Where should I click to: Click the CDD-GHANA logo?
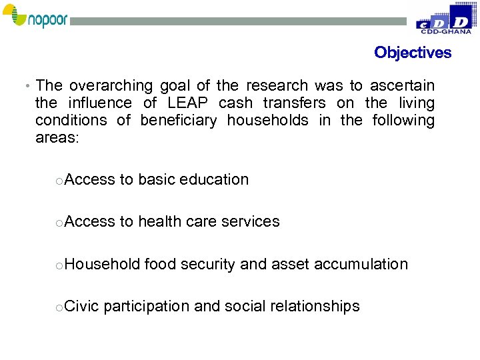tap(443, 19)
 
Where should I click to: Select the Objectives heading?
tap(413, 53)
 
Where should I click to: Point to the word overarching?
tap(111, 86)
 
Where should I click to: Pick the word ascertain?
tap(402, 86)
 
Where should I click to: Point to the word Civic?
tap(82, 307)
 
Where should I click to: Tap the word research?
tap(277, 86)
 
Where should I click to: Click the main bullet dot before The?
tap(25, 87)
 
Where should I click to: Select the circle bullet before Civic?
tap(59, 308)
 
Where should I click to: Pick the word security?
tap(209, 265)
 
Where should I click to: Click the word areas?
tap(57, 138)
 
